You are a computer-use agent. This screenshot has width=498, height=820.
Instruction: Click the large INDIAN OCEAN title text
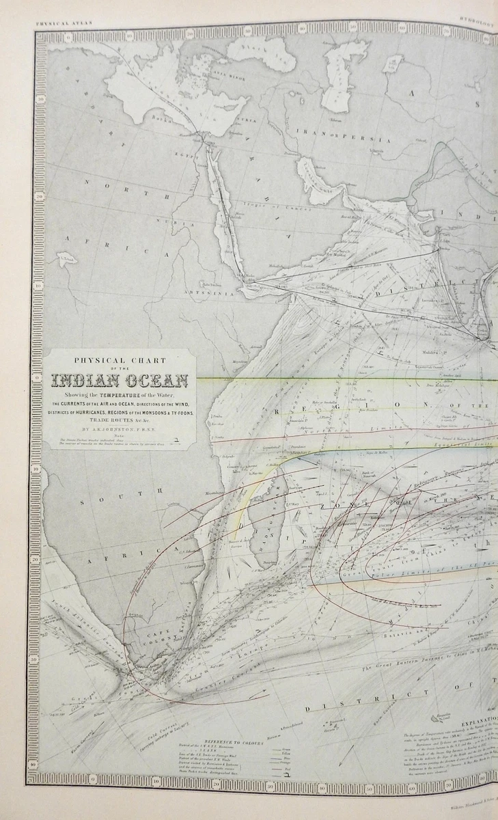pos(124,381)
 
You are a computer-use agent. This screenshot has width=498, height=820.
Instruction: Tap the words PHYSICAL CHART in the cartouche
pos(124,361)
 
